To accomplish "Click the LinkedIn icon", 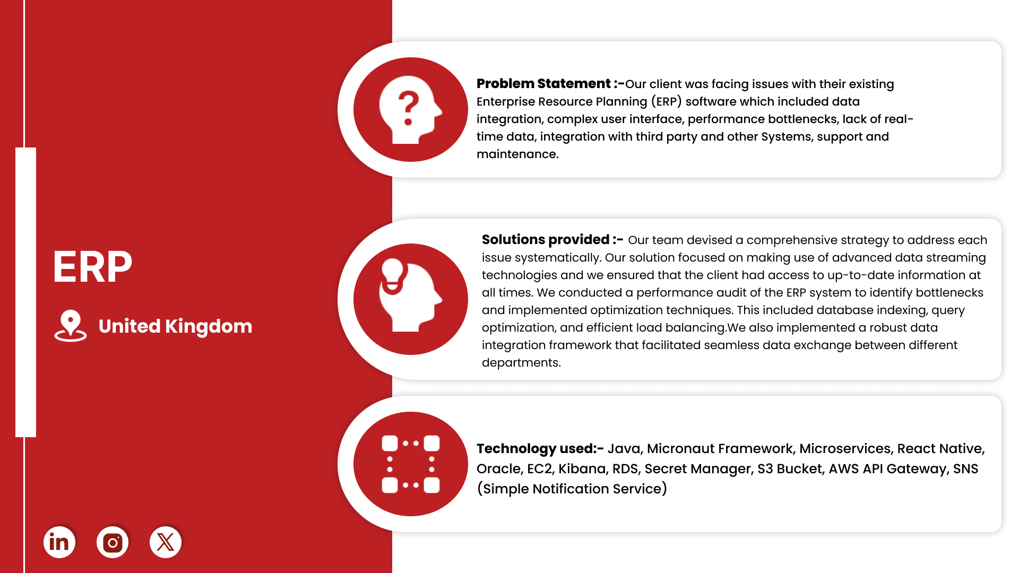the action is click(x=59, y=542).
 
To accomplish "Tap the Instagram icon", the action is click(x=113, y=542).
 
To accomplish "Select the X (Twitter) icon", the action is click(x=166, y=542).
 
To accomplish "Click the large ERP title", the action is click(x=92, y=267).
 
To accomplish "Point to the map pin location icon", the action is click(x=71, y=325).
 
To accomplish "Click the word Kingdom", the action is click(x=209, y=327).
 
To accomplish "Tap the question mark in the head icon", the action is click(x=408, y=107).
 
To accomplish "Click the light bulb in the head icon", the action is click(x=393, y=275).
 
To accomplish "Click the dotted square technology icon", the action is click(x=411, y=464).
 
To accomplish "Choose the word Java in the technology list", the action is click(x=624, y=449).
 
